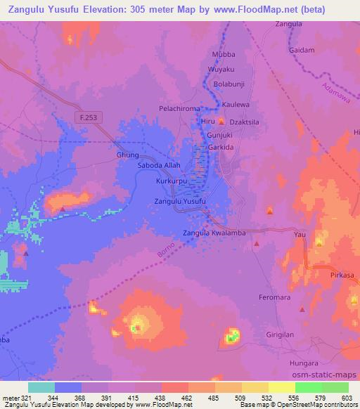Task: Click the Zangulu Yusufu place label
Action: (x=180, y=202)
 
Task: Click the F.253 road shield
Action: (x=87, y=119)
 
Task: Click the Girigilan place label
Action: (x=291, y=336)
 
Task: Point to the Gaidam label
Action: (x=301, y=51)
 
